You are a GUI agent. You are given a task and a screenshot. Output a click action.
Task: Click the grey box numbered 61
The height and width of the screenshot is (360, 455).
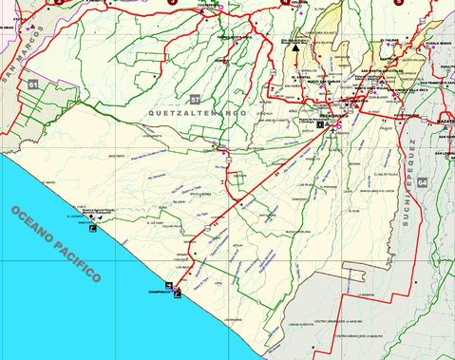(33, 85)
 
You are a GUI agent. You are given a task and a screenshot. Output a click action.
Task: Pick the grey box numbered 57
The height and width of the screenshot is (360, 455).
(195, 99)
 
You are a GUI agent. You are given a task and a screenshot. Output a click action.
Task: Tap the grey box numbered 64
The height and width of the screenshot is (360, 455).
(422, 180)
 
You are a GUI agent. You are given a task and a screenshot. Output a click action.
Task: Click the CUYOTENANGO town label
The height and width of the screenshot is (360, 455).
(405, 115)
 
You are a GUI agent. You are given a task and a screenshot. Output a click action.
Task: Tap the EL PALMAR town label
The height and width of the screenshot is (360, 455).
(391, 41)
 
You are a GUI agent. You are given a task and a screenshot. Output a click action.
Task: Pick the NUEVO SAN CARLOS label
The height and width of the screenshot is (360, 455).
(317, 81)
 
